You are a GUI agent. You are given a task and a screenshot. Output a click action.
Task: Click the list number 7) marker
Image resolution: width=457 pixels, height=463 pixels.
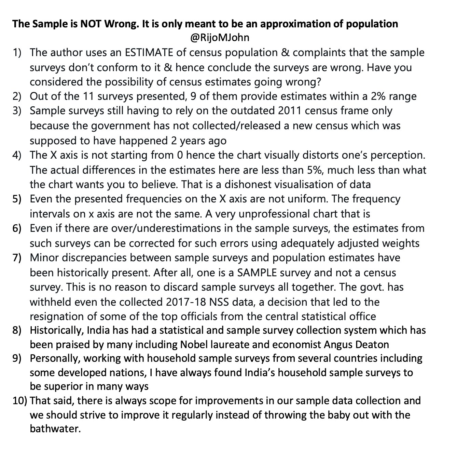[x=17, y=258]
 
